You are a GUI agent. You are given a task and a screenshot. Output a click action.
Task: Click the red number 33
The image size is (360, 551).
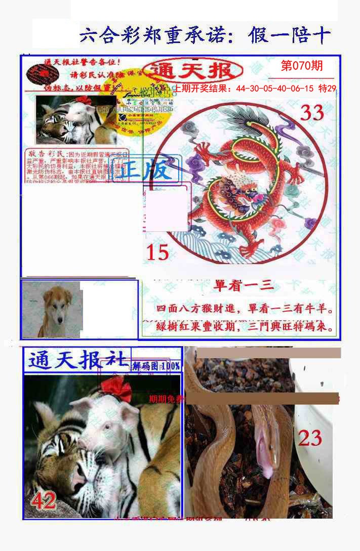tap(312, 113)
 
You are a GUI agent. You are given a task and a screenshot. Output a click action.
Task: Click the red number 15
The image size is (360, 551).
tap(157, 252)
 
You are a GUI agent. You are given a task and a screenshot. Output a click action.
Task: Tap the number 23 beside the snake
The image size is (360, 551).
tap(310, 438)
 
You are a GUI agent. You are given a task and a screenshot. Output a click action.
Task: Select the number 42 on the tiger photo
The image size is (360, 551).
tap(44, 501)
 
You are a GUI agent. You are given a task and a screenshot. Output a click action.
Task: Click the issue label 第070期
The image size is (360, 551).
tap(301, 66)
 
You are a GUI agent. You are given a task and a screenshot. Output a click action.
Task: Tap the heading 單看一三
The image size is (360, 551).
tap(244, 286)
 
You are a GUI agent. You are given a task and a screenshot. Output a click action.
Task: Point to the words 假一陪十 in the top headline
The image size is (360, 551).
tap(290, 36)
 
